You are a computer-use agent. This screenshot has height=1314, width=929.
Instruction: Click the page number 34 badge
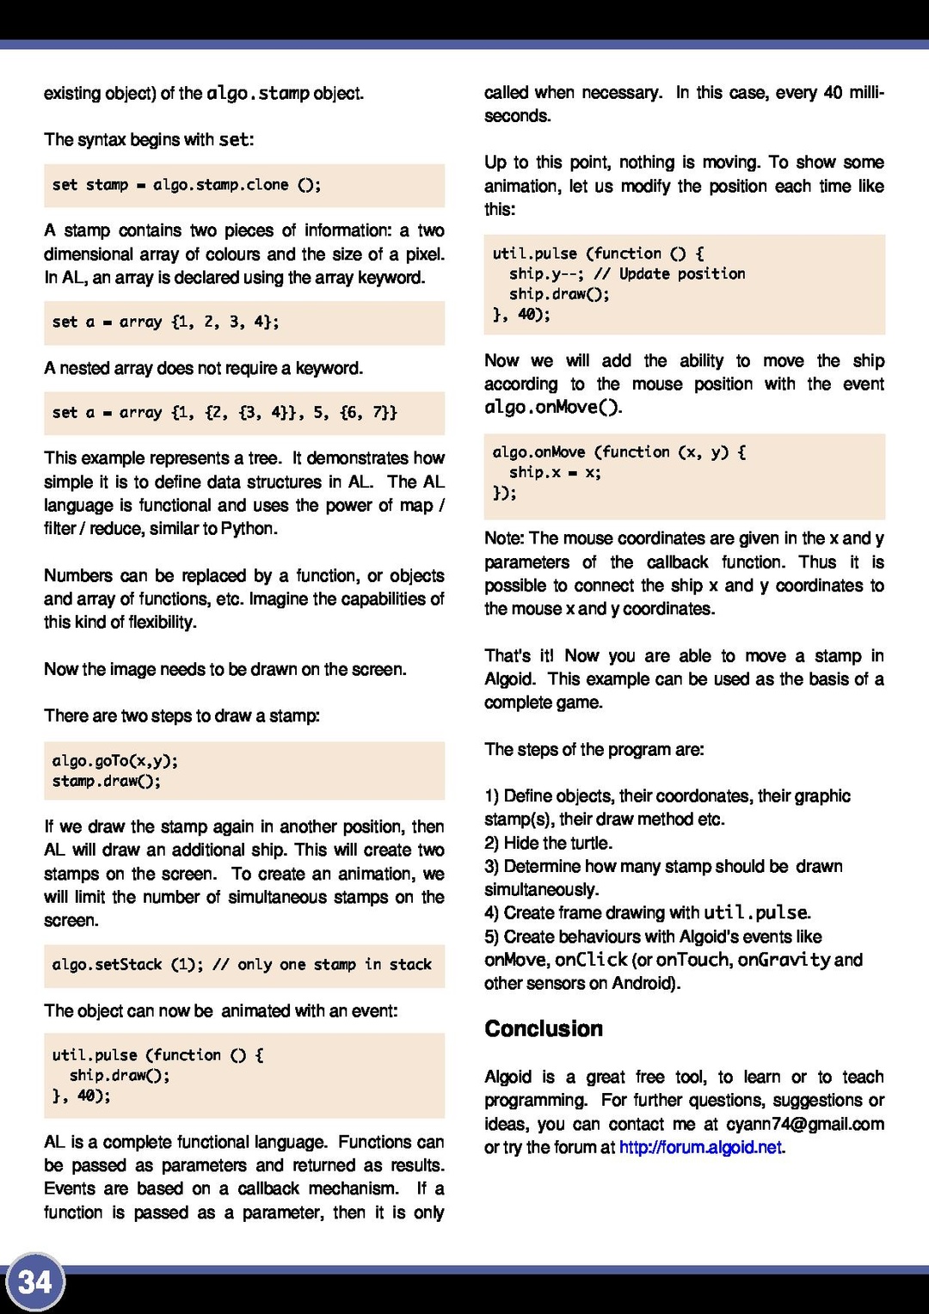35,1282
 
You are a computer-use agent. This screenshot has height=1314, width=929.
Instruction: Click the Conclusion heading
544,1028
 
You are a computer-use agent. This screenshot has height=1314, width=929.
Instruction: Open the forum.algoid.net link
700,1147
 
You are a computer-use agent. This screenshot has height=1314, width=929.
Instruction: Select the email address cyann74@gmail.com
804,1124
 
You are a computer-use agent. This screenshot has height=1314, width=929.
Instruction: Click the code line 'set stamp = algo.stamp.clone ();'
186,185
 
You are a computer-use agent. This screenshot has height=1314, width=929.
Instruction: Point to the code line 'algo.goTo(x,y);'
115,760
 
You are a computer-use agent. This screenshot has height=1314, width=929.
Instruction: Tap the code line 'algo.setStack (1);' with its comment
242,965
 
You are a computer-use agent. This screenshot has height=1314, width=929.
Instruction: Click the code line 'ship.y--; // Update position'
627,273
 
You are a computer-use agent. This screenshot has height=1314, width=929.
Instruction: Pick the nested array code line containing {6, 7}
225,413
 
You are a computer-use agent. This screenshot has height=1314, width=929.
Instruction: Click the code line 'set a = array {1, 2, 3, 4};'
165,322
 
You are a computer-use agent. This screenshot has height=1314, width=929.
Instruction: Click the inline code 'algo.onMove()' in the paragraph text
551,407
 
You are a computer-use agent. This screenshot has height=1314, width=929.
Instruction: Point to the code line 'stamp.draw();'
107,781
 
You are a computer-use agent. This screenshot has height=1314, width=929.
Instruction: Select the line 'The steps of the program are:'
594,749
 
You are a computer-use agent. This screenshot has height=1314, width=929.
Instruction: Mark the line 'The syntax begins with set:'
149,139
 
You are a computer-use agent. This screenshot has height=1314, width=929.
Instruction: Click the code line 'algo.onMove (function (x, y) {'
618,452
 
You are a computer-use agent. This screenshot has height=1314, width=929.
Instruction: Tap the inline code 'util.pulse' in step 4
755,912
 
